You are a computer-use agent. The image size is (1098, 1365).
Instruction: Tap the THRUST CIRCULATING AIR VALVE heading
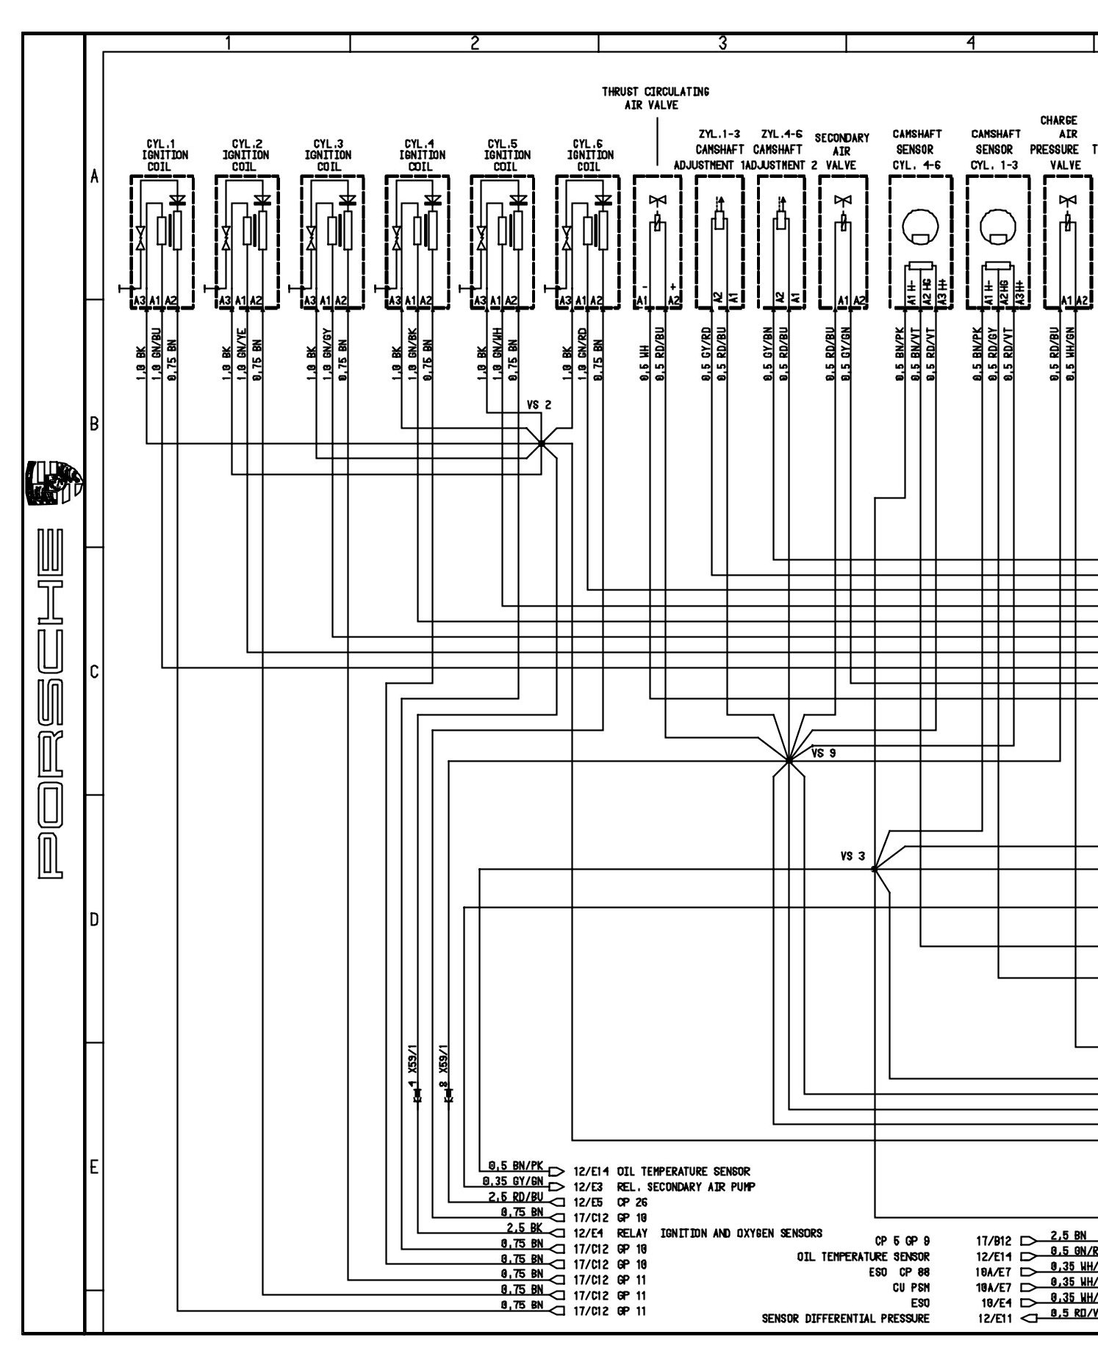656,98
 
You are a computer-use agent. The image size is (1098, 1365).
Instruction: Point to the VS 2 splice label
538,405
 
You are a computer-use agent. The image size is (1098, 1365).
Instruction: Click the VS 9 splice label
823,753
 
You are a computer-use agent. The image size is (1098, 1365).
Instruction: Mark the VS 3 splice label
853,856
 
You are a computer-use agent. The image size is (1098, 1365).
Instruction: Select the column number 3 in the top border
722,43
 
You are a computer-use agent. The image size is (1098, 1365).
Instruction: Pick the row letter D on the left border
94,920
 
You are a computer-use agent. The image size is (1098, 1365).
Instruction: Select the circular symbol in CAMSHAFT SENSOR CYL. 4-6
919,227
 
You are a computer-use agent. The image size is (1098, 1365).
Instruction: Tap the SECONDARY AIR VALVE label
842,151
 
